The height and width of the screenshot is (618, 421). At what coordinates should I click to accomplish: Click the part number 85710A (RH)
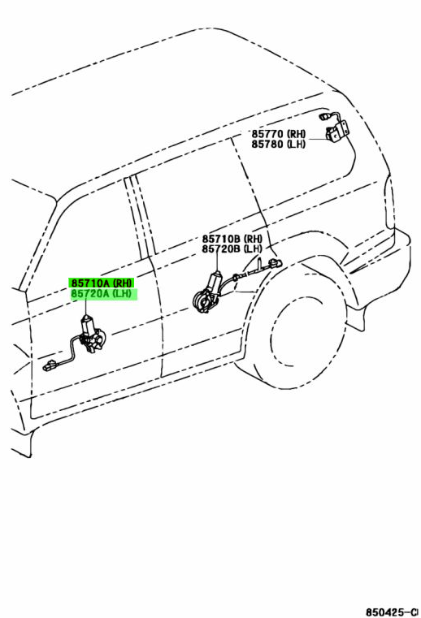(102, 283)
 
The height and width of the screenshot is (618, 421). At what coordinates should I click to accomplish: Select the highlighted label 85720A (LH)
(103, 294)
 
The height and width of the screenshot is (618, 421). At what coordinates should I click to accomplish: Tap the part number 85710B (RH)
(232, 239)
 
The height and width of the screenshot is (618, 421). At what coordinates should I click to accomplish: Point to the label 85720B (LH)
(232, 249)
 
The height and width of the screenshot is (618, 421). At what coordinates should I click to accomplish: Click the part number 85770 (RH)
(279, 134)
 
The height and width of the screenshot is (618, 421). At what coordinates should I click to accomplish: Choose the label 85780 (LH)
(279, 144)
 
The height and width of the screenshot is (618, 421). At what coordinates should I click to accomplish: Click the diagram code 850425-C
(393, 612)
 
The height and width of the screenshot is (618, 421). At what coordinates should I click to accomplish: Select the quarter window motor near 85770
(337, 131)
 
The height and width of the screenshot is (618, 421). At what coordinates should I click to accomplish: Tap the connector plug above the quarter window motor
(324, 116)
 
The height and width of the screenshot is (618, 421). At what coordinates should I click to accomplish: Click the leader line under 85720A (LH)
(85, 307)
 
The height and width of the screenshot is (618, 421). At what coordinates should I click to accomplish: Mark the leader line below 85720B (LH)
(218, 262)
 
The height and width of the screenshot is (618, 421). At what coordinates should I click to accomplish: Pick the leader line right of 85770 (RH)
(318, 139)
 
